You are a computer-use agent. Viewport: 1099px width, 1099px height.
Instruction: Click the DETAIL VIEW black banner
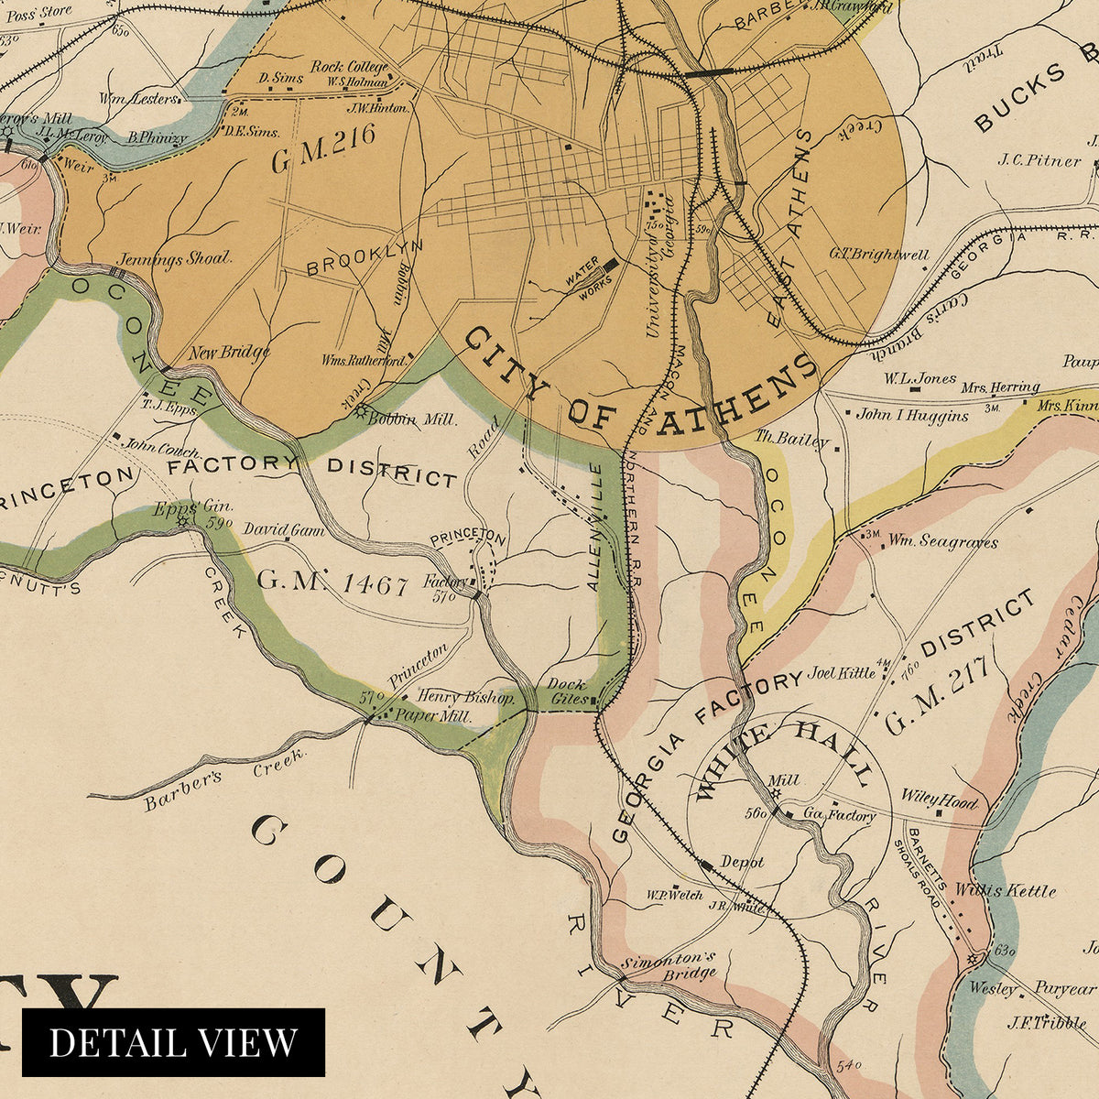coord(173,1042)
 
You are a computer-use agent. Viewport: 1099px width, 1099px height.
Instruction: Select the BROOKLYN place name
coord(365,258)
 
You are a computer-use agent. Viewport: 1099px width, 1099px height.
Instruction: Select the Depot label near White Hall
coord(742,863)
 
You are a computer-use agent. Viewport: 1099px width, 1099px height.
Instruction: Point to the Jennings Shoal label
coord(175,258)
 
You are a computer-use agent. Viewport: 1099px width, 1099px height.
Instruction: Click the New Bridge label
coord(229,353)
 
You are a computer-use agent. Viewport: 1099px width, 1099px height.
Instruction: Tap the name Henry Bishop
coord(464,697)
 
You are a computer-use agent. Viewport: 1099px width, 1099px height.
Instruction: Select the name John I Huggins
coord(912,415)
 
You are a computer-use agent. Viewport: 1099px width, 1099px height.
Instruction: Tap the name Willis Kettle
coord(1005,890)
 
